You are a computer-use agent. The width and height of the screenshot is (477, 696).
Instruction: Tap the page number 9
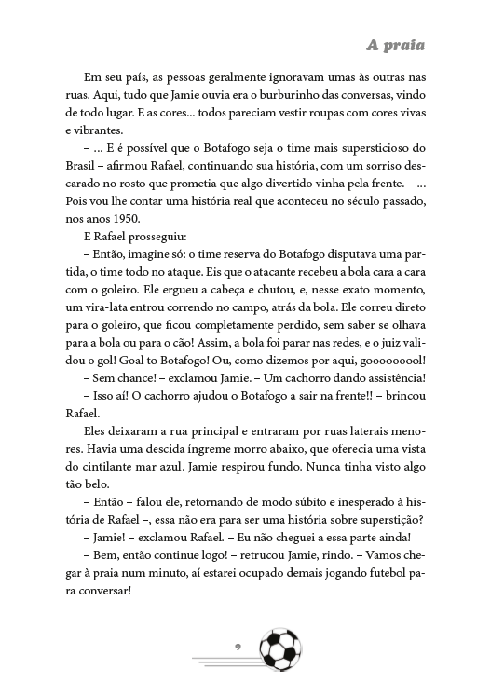point(238,646)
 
